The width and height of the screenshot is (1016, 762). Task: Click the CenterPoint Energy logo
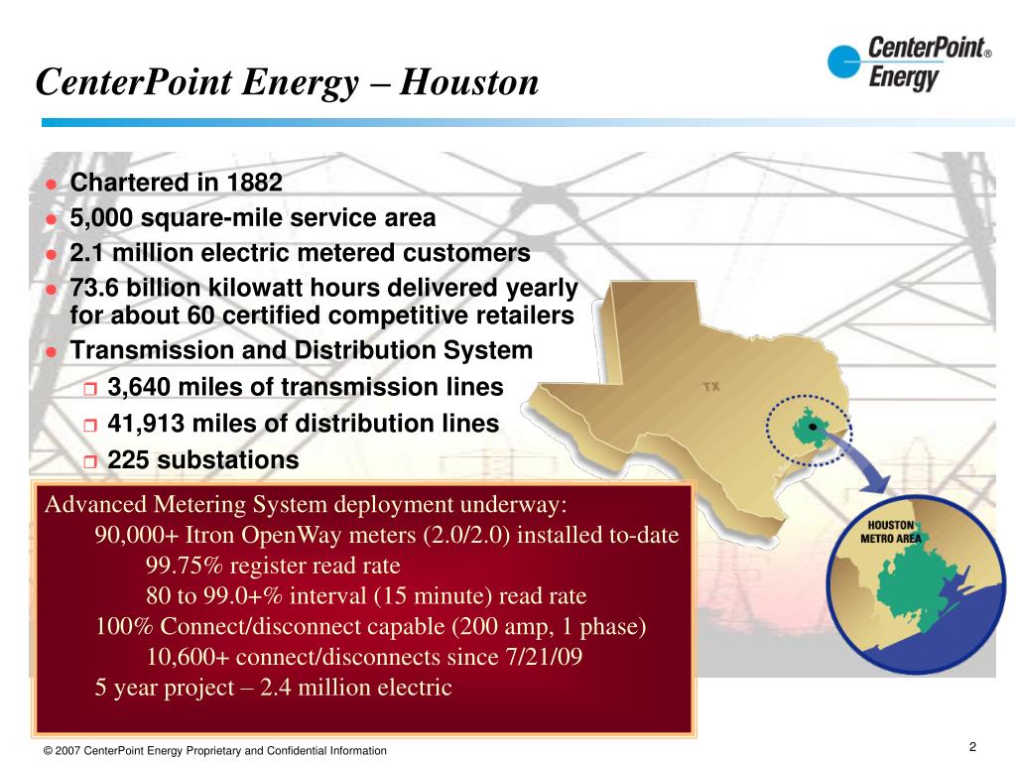[908, 63]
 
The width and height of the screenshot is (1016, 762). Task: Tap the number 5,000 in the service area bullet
[101, 217]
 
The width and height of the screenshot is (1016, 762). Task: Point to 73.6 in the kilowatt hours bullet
[94, 288]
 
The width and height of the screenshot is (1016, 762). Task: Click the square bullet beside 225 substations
[90, 461]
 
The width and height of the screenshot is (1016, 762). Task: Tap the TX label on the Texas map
[711, 386]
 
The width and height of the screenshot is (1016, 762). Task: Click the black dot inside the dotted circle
[813, 426]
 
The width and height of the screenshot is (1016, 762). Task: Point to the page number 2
[972, 747]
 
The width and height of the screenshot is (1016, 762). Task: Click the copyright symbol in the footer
[48, 751]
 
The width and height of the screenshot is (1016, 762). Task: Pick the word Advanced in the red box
[91, 504]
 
